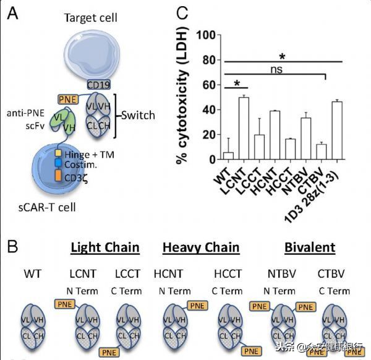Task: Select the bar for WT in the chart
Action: coord(227,155)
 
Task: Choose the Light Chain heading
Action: coord(104,248)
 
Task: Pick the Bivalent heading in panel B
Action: coord(310,248)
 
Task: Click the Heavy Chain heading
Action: coord(201,248)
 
